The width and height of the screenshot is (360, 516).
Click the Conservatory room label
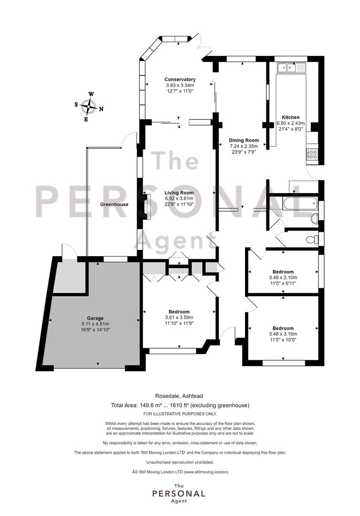point(180,79)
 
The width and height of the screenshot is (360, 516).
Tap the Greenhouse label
point(115,204)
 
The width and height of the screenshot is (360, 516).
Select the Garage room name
point(95,318)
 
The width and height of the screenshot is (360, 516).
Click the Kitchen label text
point(291,117)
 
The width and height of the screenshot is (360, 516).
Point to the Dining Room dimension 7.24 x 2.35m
point(244,146)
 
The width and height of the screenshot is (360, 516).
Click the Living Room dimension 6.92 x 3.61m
point(179,198)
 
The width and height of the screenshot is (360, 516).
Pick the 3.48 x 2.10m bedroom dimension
point(283,278)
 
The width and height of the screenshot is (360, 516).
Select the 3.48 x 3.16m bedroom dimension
point(283,334)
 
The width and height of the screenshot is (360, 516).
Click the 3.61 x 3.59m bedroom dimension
point(179,318)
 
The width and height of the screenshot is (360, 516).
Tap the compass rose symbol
point(89,107)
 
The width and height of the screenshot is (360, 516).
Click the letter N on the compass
point(101,109)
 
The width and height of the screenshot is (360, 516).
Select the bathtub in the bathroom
point(300,204)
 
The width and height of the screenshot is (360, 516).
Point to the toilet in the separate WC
point(312,239)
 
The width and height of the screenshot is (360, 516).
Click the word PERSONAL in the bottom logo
point(179,494)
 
